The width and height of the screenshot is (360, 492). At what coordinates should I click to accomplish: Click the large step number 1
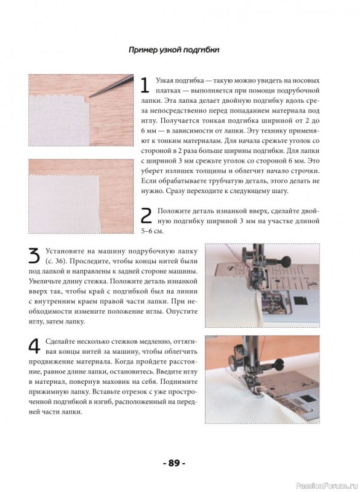pos(145,85)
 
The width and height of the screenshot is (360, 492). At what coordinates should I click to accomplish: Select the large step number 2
pos(146,216)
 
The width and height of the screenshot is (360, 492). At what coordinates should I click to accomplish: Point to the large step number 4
pos(34,346)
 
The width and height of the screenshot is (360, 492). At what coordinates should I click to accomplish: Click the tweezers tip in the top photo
pos(90,96)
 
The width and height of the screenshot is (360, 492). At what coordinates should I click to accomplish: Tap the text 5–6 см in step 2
pos(153,231)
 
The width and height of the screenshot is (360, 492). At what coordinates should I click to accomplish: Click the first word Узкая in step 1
pos(165,81)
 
